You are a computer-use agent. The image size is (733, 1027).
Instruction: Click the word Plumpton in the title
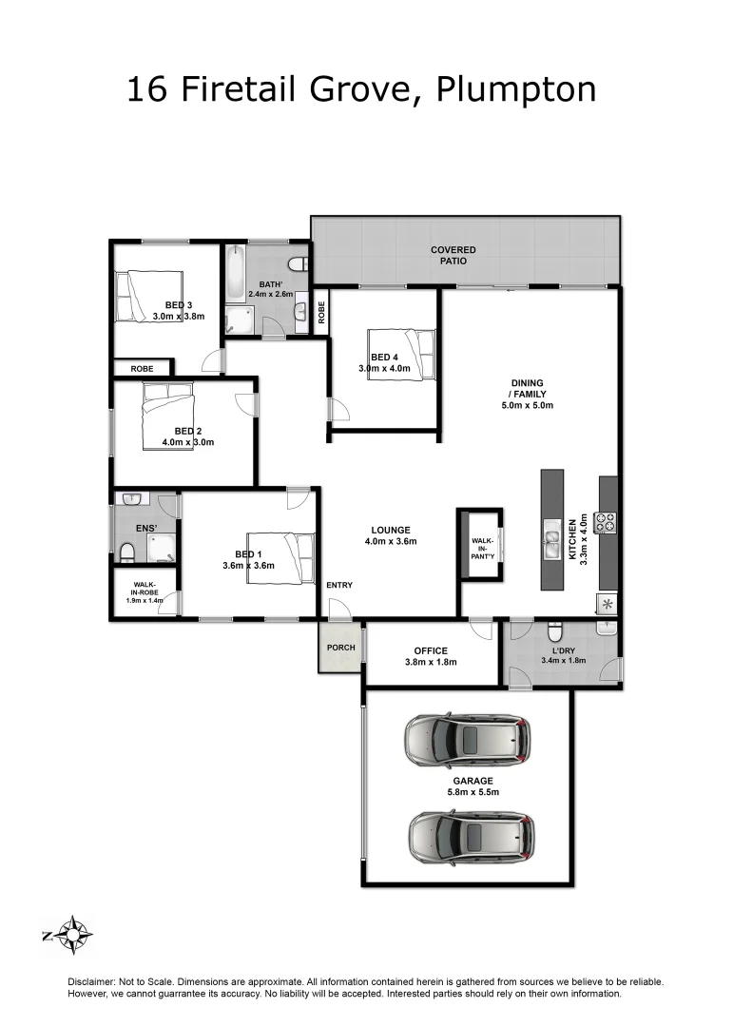click(516, 90)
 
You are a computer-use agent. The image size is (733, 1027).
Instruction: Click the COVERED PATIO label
click(453, 255)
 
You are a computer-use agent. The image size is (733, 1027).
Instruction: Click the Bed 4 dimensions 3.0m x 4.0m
click(383, 368)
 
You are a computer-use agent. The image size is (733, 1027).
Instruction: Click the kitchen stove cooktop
click(605, 521)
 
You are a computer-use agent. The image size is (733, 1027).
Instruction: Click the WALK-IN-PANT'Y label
click(483, 547)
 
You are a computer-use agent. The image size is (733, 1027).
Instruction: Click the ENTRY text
click(339, 585)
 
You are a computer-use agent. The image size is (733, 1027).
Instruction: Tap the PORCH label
click(340, 648)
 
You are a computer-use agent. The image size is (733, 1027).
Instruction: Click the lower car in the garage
click(471, 835)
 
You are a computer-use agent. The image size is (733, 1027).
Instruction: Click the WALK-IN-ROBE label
click(145, 591)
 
